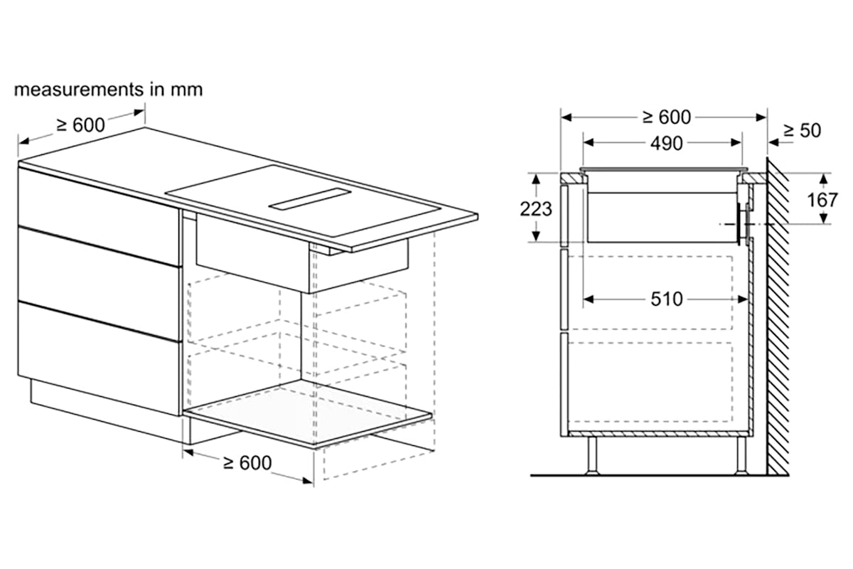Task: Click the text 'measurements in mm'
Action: (108, 90)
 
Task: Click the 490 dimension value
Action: (667, 144)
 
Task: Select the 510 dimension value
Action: (667, 299)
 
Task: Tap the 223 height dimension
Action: (536, 209)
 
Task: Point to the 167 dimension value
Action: (822, 200)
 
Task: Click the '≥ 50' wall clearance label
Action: (802, 131)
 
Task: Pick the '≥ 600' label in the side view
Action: (667, 117)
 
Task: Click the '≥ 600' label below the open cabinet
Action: (247, 463)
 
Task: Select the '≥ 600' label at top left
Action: (81, 124)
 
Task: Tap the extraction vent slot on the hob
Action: (310, 198)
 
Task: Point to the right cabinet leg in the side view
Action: (741, 456)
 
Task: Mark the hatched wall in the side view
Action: (778, 317)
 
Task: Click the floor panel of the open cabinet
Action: (308, 413)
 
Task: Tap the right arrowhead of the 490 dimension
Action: (736, 143)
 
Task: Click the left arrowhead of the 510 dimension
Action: (589, 299)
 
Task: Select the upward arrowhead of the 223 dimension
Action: (536, 179)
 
